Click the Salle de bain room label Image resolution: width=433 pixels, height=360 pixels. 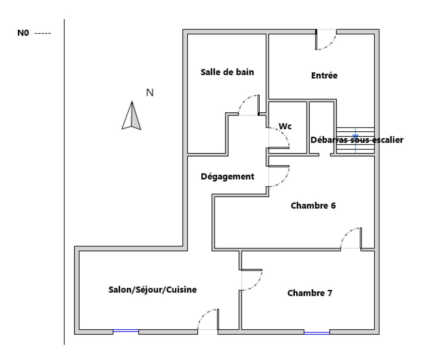pyautogui.click(x=227, y=72)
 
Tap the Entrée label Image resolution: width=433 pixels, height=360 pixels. pyautogui.click(x=324, y=75)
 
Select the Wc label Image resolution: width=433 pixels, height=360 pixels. pyautogui.click(x=285, y=126)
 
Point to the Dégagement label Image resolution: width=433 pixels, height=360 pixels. pyautogui.click(x=227, y=177)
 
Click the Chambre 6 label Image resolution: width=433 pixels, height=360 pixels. pyautogui.click(x=313, y=205)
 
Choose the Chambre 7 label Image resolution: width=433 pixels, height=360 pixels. pyautogui.click(x=310, y=293)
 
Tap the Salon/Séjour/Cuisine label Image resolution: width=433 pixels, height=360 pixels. pyautogui.click(x=152, y=290)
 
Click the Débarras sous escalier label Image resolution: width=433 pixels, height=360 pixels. pyautogui.click(x=357, y=140)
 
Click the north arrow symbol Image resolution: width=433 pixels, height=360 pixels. pyautogui.click(x=132, y=115)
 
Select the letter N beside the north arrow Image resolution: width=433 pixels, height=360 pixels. pyautogui.click(x=150, y=93)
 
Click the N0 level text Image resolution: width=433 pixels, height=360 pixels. pyautogui.click(x=23, y=33)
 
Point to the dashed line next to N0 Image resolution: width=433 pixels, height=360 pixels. pyautogui.click(x=43, y=34)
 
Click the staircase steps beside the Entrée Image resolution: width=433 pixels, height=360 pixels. pyautogui.click(x=355, y=140)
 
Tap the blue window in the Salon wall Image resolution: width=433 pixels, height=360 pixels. pyautogui.click(x=126, y=331)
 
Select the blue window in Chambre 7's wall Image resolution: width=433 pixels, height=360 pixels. pyautogui.click(x=317, y=333)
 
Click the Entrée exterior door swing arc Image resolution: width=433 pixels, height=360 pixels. pyautogui.click(x=326, y=39)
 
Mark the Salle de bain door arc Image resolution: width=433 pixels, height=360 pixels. pyautogui.click(x=249, y=105)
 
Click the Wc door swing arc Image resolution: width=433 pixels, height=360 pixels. pyautogui.click(x=279, y=138)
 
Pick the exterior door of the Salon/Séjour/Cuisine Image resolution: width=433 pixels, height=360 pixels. pyautogui.click(x=208, y=319)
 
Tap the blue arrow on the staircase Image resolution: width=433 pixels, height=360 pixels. pyautogui.click(x=355, y=136)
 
